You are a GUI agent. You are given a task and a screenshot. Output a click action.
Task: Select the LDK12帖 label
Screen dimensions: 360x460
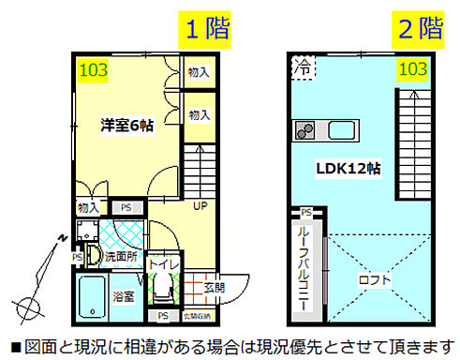[x=347, y=168]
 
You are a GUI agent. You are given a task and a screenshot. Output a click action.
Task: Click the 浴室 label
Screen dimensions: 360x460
[x=124, y=296]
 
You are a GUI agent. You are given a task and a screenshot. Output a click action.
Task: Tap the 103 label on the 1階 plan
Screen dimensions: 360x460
[x=92, y=68]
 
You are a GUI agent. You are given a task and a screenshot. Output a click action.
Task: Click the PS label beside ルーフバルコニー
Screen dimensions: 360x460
[x=305, y=213]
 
